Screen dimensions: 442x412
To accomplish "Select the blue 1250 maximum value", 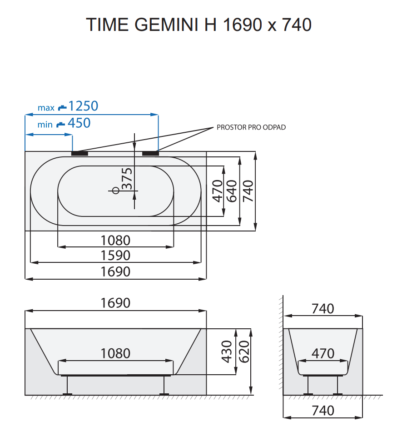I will coord(83,106).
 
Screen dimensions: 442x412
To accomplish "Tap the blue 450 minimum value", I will coord(79,123).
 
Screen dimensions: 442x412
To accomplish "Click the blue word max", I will coord(46,108).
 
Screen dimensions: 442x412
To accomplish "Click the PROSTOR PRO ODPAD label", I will coord(251,127).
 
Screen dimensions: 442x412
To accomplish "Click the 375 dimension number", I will coord(128,179).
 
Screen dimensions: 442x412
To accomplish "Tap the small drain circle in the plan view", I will coord(115,191).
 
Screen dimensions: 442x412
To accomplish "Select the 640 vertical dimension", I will coord(233,191).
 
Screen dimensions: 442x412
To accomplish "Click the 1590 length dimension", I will coord(115,255).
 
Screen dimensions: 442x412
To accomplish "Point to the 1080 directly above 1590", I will coord(115,240).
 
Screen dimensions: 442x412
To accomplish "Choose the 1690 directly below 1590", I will coord(115,271).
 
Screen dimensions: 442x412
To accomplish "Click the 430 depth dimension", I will coord(227,352).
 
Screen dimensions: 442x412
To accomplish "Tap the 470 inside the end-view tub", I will coord(323,353).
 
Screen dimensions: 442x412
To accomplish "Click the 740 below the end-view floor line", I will coord(323,411).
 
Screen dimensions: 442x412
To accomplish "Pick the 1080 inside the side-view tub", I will coord(115,353).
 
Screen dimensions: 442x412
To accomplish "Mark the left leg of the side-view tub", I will coord(68,386).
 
